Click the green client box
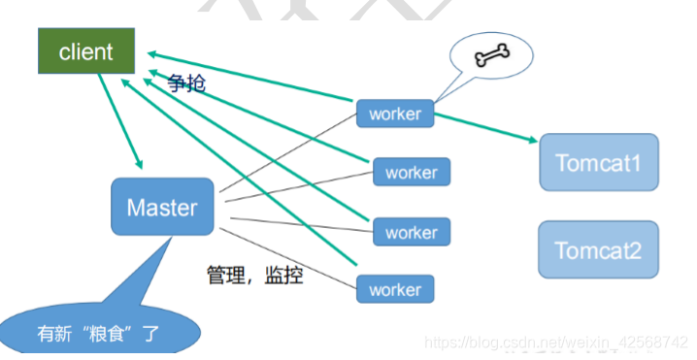[x=85, y=51]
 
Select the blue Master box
[x=162, y=206]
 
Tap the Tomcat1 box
[x=598, y=161]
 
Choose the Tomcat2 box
[x=598, y=249]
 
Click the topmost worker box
[x=395, y=114]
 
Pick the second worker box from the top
[x=411, y=173]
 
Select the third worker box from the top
[x=411, y=232]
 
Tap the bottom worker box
[x=395, y=289]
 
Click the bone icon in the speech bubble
[x=492, y=56]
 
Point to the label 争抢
[x=186, y=83]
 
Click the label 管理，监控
[x=254, y=275]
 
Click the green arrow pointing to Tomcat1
[x=485, y=127]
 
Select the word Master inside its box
[x=162, y=207]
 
